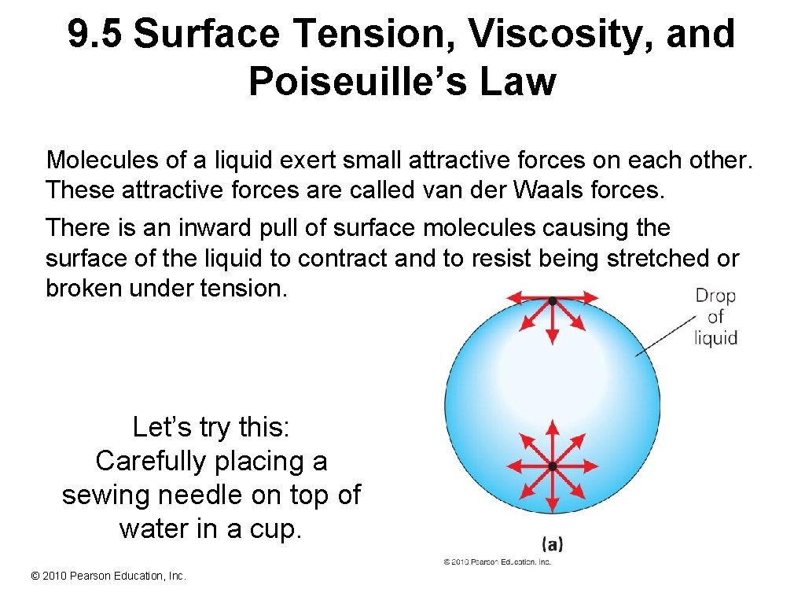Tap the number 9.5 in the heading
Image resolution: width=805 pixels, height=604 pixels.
94,35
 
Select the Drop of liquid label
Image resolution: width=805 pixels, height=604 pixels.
715,317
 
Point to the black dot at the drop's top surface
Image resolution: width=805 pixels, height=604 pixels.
553,300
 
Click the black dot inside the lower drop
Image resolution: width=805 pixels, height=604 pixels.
553,466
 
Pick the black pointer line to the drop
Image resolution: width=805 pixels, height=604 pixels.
664,334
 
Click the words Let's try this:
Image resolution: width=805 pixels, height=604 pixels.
211,427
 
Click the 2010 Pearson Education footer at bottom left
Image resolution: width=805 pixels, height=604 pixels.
108,576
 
